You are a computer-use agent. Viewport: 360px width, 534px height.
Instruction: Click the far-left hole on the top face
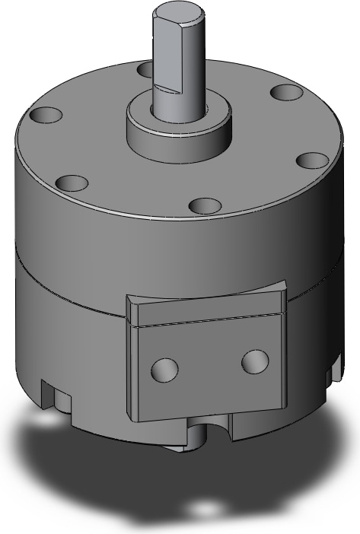coord(43,116)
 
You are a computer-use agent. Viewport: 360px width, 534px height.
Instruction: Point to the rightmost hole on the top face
coord(311,161)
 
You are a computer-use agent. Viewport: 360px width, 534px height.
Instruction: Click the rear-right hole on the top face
coord(284,94)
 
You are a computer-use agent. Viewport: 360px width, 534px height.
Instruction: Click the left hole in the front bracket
coord(164,370)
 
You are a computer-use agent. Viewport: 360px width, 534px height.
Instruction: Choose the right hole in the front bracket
coord(254,361)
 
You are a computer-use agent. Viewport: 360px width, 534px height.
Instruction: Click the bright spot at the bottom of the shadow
coord(204,508)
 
